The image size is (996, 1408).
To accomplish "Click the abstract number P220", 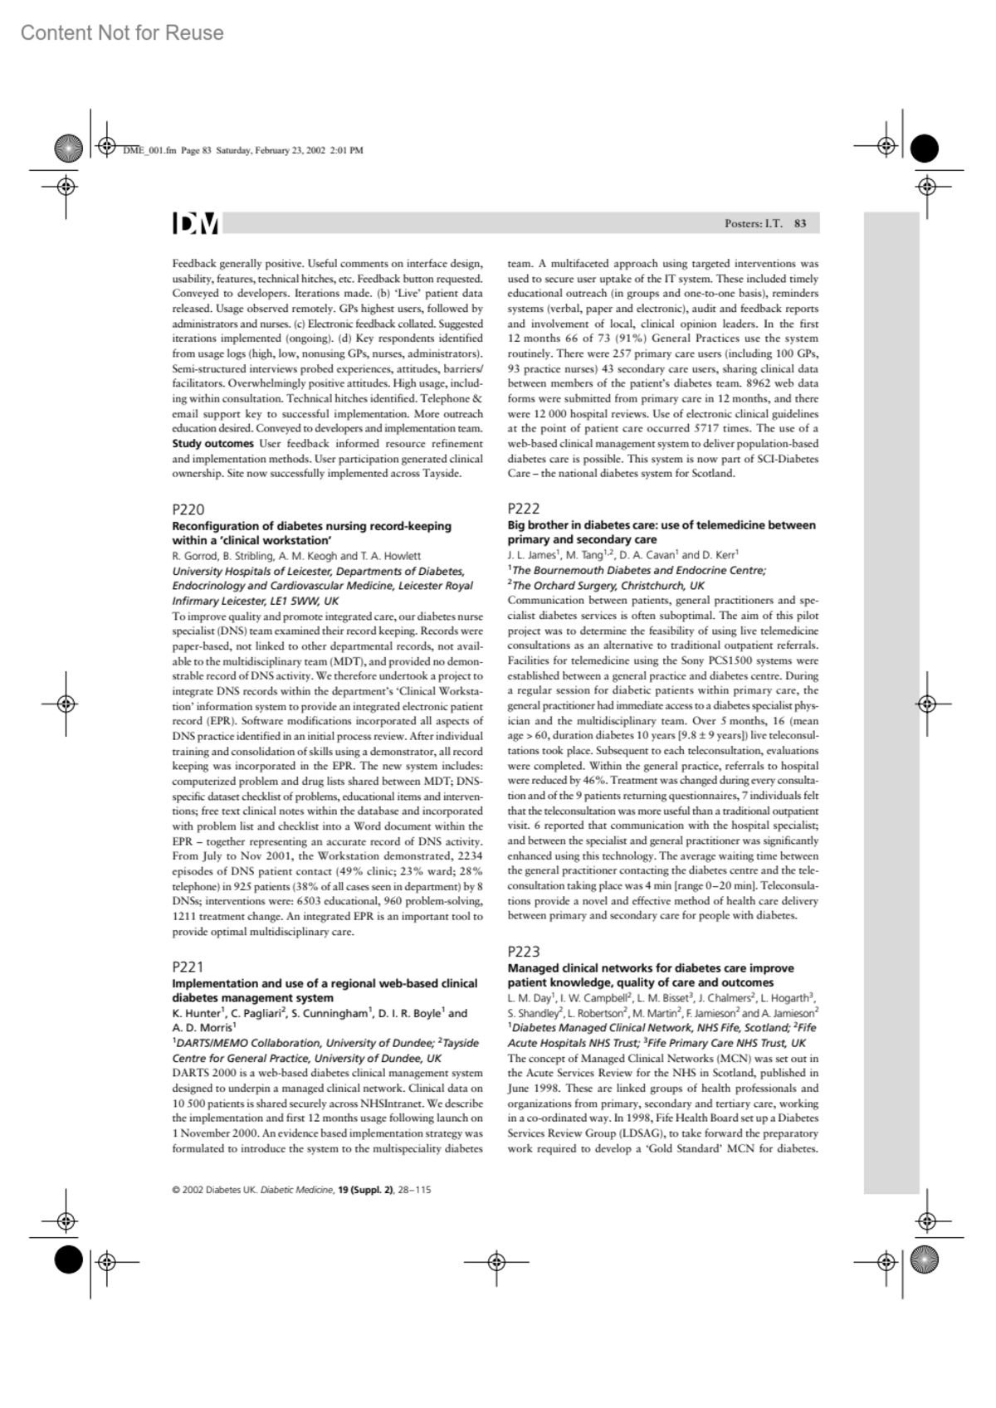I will (x=188, y=509).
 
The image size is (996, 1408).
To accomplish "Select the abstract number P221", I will (x=188, y=967).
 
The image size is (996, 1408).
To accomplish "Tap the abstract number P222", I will (x=524, y=509).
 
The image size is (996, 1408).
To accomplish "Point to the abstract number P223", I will (x=524, y=952).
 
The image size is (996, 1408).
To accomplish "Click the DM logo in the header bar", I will (x=196, y=223).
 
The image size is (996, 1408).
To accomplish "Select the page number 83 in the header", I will (x=800, y=223).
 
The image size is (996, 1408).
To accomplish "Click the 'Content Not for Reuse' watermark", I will (x=122, y=33).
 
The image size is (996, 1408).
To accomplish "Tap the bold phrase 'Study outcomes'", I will (x=212, y=444).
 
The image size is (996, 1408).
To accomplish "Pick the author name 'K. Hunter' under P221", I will (x=196, y=1013).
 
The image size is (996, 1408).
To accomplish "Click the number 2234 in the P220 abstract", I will (x=470, y=856).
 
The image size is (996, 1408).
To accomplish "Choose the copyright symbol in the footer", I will (x=176, y=1190).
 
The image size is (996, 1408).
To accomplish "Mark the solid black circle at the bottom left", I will (x=68, y=1259).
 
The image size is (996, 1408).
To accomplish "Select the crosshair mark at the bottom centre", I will (x=496, y=1263).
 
